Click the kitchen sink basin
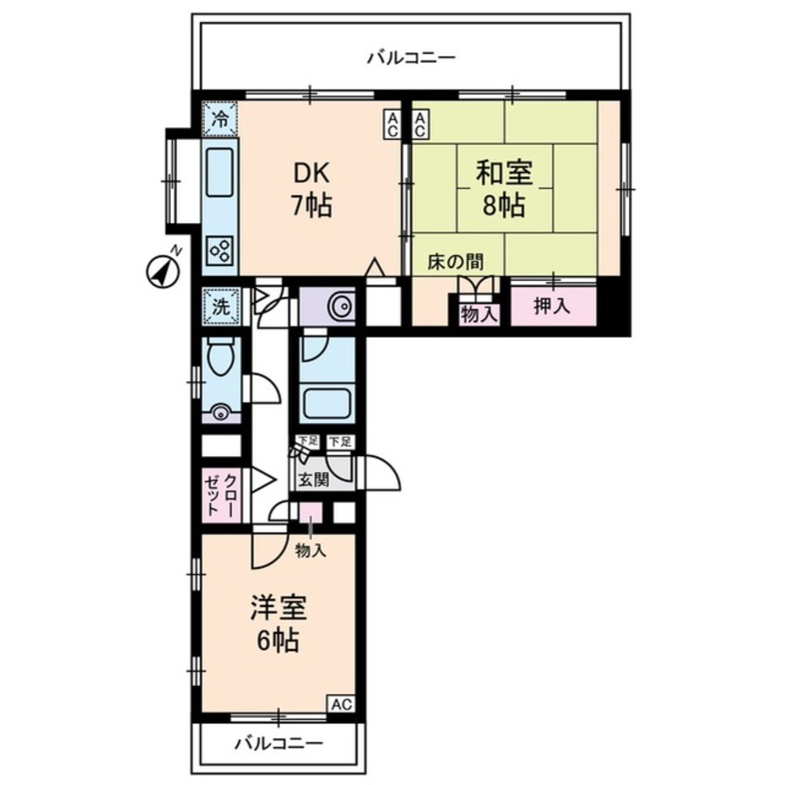(x=221, y=173)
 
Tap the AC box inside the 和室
(x=419, y=125)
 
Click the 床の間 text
(x=455, y=261)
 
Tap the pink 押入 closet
(x=553, y=307)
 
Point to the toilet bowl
(x=221, y=362)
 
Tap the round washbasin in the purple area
(x=342, y=306)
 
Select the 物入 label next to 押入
(x=479, y=314)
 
